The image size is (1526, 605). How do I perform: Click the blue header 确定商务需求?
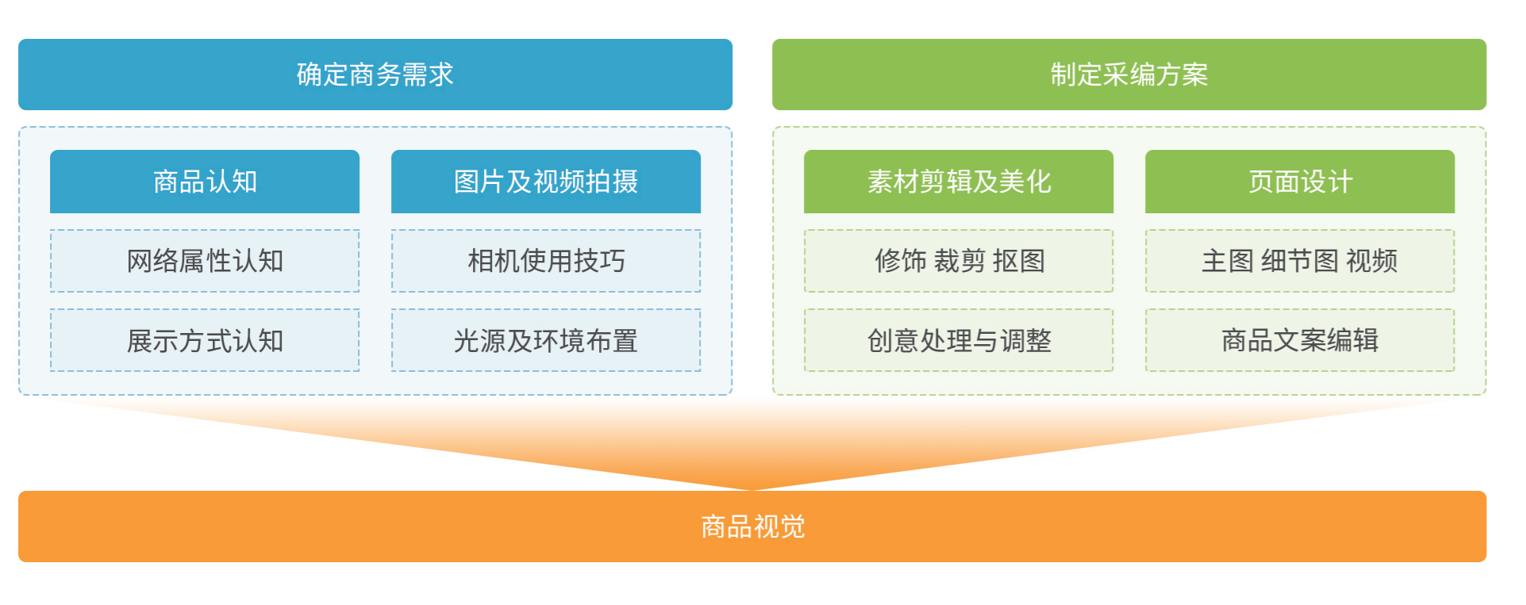[375, 75]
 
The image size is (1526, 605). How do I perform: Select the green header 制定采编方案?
[1129, 75]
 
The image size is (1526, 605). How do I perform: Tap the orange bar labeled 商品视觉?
[752, 527]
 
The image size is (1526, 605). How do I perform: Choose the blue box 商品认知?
[205, 182]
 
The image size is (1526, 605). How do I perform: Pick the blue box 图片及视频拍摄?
[546, 182]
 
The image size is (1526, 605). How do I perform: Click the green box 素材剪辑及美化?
[959, 182]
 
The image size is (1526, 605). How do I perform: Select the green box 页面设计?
[1300, 182]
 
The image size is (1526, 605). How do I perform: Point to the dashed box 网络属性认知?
[205, 261]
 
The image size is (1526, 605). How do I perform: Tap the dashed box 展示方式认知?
[205, 340]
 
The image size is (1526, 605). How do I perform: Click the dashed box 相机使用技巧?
[546, 261]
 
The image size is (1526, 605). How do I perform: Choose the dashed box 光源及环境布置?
[546, 340]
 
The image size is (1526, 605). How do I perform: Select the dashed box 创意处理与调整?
[959, 340]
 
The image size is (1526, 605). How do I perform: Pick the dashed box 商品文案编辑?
[1300, 340]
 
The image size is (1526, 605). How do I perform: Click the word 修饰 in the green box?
[901, 261]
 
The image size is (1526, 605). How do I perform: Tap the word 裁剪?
[959, 261]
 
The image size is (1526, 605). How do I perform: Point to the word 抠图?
[1019, 261]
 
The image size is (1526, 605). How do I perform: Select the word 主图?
[1228, 261]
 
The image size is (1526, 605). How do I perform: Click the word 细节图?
[1300, 261]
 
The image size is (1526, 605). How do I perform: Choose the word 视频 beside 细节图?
[1372, 261]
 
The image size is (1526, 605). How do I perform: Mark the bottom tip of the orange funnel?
[752, 490]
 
